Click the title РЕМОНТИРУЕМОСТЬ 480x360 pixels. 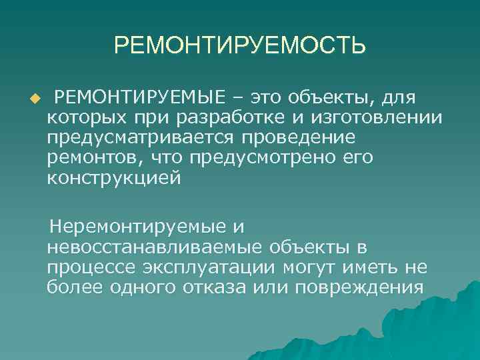(x=240, y=46)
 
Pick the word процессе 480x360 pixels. (x=88, y=267)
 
